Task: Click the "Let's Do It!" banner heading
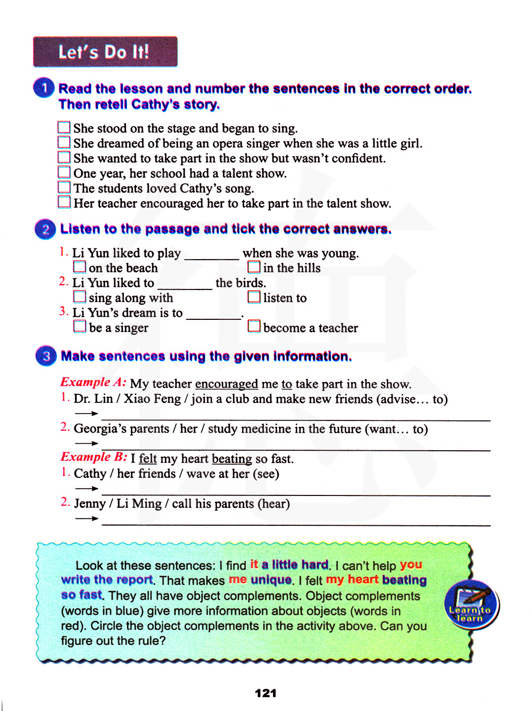coord(105,52)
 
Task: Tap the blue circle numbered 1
coord(44,88)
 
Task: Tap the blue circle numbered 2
coord(46,229)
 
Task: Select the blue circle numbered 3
coord(46,356)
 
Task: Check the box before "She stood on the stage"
coord(64,128)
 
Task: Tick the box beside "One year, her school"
coord(64,172)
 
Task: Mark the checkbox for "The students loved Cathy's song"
coord(64,187)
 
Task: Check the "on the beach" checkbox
coord(79,267)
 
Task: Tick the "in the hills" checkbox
coord(254,267)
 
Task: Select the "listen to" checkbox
coord(254,296)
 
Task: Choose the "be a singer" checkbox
coord(79,326)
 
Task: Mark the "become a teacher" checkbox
coord(254,326)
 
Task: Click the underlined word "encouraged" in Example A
coord(226,384)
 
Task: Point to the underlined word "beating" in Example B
coord(231,459)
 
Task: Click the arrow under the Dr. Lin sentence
coord(86,414)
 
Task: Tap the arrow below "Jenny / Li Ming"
coord(86,518)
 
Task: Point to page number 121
coord(265,693)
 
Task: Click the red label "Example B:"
coord(94,458)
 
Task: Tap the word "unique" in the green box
coord(271,580)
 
